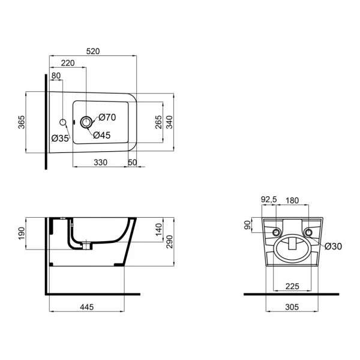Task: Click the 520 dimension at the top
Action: (x=93, y=52)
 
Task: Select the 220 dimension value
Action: (x=68, y=62)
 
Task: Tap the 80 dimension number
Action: (x=56, y=76)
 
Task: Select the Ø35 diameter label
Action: (x=60, y=139)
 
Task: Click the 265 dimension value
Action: (x=157, y=122)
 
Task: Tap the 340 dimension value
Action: (x=169, y=122)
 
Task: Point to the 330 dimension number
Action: (x=99, y=163)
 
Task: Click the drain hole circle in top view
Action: (x=86, y=122)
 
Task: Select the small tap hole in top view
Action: (x=63, y=122)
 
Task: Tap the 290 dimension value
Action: (x=169, y=242)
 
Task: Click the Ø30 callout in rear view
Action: (x=334, y=245)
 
